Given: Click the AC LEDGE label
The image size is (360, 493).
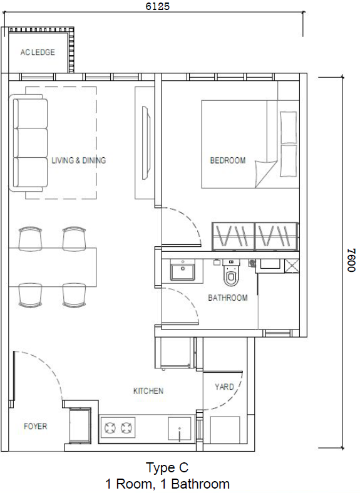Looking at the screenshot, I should point(37,53).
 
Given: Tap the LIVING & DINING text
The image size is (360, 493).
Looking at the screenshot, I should point(78,160).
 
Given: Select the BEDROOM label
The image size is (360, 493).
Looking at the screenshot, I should point(227,161).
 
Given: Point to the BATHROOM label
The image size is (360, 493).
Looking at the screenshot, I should point(227,298).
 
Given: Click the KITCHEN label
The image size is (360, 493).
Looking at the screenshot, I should point(148,391).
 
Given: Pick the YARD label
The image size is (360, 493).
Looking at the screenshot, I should point(224,387).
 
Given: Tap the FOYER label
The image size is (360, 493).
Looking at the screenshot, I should point(35,427).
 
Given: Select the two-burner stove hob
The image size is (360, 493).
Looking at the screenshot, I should point(119,429).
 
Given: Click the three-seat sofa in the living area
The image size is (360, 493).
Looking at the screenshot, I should point(29,143).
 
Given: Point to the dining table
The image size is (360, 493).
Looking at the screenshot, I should point(53,259).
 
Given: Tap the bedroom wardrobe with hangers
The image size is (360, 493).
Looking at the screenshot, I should point(254,236).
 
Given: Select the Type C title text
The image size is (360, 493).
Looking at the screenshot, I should point(167,467).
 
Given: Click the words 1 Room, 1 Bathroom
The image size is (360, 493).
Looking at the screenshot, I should point(167,484).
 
